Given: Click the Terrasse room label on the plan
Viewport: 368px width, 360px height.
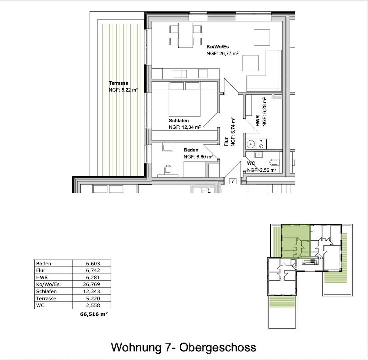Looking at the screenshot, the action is click(119, 83).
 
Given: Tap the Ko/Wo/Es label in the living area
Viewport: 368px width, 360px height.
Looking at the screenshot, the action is click(218, 47).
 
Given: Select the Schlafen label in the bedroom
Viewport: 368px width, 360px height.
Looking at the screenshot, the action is click(179, 121).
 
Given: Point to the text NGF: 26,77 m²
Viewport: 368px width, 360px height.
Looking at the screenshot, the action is click(222, 54).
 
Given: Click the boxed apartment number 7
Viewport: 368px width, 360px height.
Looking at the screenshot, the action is click(233, 181).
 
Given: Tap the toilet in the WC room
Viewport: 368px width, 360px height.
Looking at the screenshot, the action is click(274, 162).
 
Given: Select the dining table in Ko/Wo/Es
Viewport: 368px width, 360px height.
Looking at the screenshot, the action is click(186, 35).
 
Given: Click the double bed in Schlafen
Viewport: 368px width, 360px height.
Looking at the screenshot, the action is click(184, 99).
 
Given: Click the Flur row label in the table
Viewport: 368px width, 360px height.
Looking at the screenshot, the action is click(41, 270).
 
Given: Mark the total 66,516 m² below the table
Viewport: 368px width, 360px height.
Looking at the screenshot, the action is click(94, 314).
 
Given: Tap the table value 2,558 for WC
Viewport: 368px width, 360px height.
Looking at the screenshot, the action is click(93, 305).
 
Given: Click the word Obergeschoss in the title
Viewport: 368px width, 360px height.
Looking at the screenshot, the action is click(218, 347).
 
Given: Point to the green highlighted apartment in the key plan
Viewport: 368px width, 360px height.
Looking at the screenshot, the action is click(296, 241).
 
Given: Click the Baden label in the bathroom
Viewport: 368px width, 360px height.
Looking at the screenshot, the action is click(191, 150).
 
